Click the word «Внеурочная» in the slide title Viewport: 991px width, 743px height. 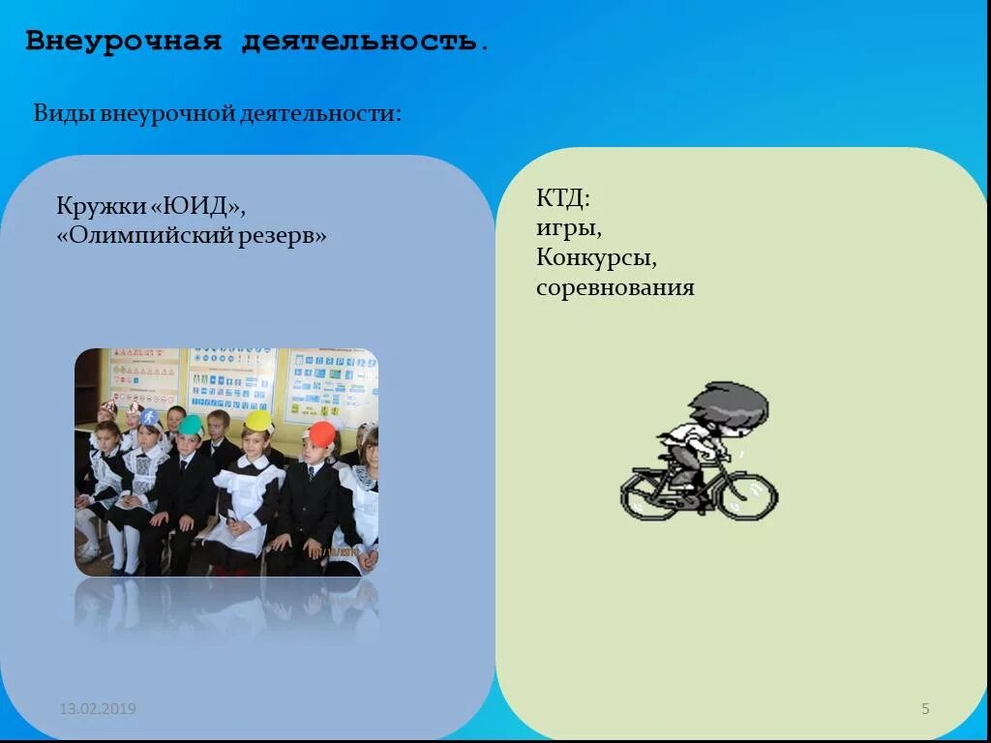point(124,42)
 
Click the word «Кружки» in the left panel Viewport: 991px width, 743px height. point(99,207)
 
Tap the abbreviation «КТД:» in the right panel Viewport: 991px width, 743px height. point(562,199)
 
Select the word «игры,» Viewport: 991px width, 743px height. point(569,229)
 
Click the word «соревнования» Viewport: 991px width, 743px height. point(616,287)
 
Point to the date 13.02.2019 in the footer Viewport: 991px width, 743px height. point(98,709)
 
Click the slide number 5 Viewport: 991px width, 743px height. point(925,709)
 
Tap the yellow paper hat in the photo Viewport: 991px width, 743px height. point(257,421)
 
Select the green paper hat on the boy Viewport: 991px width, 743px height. point(191,426)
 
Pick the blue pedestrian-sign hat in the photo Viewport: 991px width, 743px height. point(150,419)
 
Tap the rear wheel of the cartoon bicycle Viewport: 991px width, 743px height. point(648,493)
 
